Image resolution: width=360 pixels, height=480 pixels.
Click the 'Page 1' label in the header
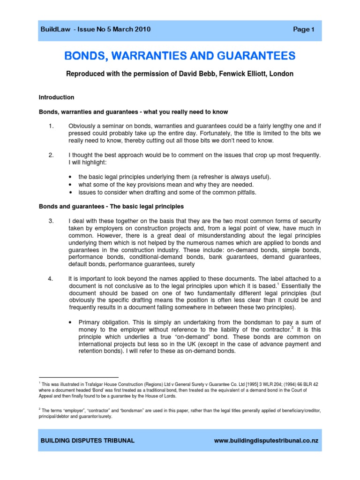pos(304,30)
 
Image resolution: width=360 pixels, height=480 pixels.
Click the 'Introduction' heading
pos(56,97)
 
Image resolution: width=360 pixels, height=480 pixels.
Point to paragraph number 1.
pos(52,126)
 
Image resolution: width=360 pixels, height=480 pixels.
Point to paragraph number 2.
pos(52,155)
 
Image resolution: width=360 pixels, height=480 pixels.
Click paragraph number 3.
pos(52,221)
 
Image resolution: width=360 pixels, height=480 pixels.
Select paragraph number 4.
pos(52,279)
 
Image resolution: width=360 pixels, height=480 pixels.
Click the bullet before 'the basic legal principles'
pos(70,177)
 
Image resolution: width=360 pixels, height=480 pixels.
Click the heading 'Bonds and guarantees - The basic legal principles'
pos(111,206)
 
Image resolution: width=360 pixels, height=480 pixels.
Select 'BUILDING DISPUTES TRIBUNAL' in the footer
pos(88,441)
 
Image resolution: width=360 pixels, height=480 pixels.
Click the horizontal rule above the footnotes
pos(78,376)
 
